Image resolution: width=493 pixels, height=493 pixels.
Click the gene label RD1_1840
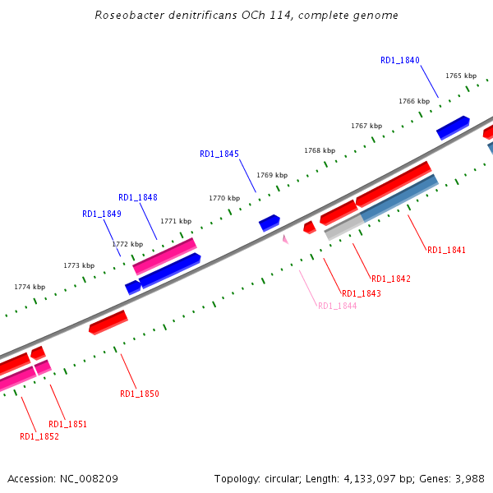[400, 61]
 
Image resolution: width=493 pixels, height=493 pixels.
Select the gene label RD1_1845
[219, 154]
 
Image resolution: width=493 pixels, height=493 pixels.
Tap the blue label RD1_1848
[138, 197]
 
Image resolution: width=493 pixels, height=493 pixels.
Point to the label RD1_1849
[102, 214]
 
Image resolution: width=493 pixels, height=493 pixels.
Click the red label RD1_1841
[446, 250]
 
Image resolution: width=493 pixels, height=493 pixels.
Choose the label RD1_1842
[391, 279]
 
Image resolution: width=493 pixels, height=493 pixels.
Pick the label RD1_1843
[361, 294]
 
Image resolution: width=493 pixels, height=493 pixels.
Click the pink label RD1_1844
[337, 306]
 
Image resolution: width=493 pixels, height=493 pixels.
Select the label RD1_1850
[140, 394]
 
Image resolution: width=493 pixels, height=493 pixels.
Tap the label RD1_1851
[67, 425]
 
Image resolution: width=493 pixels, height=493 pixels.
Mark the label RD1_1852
[39, 437]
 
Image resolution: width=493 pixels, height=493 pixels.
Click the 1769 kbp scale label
[271, 175]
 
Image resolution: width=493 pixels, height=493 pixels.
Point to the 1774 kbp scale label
[30, 287]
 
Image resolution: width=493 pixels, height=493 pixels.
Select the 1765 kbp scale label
[461, 76]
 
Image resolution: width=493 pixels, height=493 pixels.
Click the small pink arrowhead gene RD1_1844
[285, 239]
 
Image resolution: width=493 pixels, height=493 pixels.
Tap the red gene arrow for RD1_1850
[108, 322]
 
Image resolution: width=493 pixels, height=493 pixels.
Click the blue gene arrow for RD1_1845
[270, 223]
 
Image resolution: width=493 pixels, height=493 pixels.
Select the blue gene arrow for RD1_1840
[452, 127]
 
